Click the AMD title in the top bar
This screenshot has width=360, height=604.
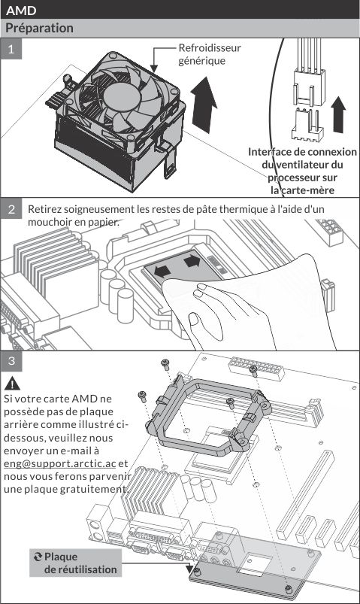(x=21, y=11)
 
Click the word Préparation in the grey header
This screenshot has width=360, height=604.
(x=39, y=28)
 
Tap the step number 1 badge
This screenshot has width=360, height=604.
(x=11, y=49)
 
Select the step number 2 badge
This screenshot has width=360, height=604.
(x=11, y=209)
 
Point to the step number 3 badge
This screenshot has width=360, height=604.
(x=11, y=360)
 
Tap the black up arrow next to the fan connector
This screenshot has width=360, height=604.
(x=338, y=115)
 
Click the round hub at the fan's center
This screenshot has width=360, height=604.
(x=121, y=96)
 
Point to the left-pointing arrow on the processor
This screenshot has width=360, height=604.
(x=162, y=272)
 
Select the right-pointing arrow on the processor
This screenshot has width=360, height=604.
(x=192, y=261)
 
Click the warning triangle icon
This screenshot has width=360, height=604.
(x=12, y=384)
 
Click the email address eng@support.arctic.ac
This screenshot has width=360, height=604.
(x=59, y=463)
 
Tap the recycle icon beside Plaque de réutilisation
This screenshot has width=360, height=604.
(x=38, y=557)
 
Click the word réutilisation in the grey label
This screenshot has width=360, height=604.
(x=80, y=569)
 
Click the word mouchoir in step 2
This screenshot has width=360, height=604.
(x=46, y=222)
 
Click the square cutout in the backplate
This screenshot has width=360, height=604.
(x=255, y=560)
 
